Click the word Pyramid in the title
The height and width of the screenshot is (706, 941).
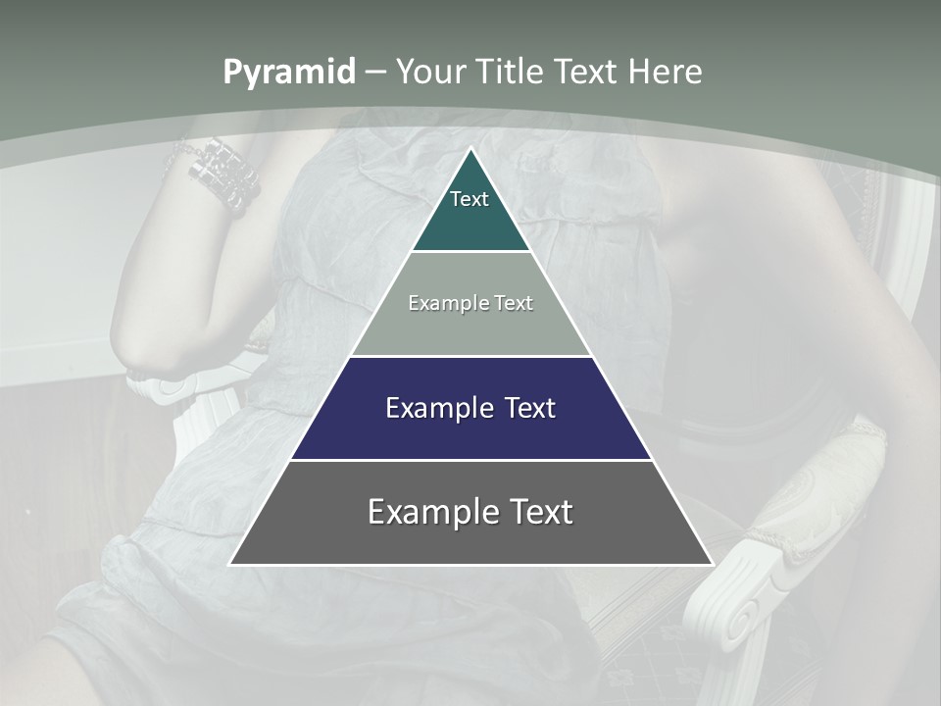click(x=289, y=73)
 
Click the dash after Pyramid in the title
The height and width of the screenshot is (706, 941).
click(x=375, y=73)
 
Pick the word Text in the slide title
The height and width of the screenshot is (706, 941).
click(x=587, y=72)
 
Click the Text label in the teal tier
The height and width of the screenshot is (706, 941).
click(x=470, y=199)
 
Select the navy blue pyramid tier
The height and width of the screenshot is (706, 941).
click(x=470, y=431)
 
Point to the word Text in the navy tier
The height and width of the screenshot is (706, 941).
click(x=529, y=408)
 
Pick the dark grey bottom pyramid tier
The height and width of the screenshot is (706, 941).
click(x=470, y=539)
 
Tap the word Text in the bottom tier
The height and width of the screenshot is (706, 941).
click(x=542, y=512)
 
